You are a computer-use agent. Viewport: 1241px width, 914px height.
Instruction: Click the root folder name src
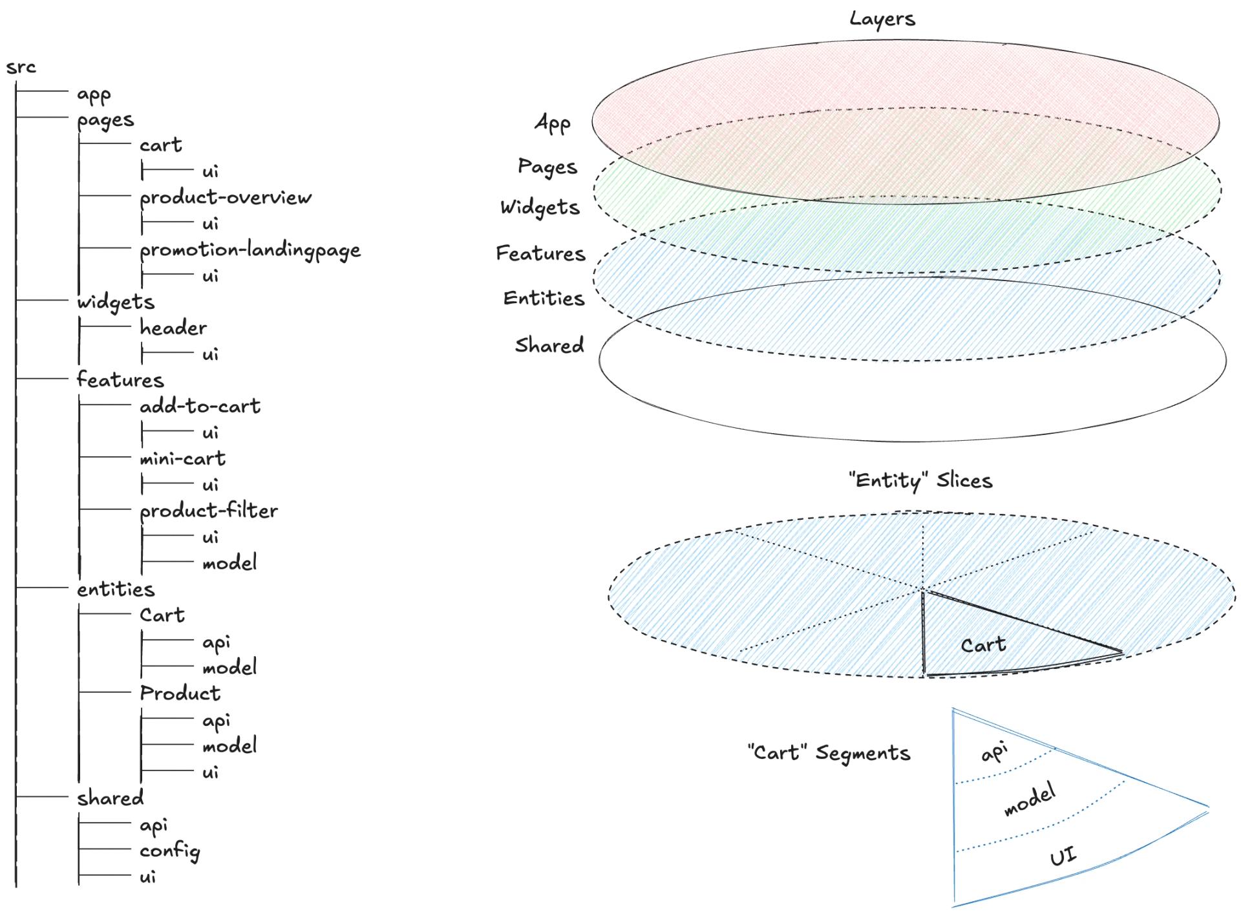pos(21,67)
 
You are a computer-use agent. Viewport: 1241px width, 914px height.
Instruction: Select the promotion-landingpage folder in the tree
pos(249,250)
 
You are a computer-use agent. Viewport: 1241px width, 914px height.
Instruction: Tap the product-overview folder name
pos(225,197)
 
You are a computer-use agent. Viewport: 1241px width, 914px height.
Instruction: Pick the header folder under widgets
pos(173,328)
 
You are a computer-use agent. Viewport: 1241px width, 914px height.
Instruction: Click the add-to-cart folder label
pos(200,406)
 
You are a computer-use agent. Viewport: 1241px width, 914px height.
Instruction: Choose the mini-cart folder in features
pos(182,458)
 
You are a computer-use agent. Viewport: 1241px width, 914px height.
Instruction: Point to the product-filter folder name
pos(208,511)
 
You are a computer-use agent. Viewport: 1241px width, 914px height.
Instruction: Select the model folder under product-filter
pos(229,562)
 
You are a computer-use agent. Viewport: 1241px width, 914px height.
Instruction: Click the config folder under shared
pos(169,851)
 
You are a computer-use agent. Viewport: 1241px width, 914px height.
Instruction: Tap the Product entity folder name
pos(180,693)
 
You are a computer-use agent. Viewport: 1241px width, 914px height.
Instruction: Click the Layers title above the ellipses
pos(882,19)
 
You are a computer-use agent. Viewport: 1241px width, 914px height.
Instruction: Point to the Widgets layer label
pos(540,207)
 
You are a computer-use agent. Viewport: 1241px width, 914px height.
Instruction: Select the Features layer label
pos(540,253)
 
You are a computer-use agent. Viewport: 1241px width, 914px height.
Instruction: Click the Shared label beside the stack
pos(549,345)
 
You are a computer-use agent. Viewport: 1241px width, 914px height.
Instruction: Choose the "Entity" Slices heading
pos(920,480)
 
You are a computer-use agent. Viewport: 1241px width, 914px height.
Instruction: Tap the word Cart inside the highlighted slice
pos(983,644)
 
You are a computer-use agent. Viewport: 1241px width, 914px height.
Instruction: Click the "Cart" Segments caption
pos(829,753)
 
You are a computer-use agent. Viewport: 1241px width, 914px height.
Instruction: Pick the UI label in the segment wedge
pos(1063,857)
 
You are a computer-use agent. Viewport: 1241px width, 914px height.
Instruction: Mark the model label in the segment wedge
pos(1030,799)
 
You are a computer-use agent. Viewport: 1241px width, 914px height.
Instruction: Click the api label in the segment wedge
pos(994,752)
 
